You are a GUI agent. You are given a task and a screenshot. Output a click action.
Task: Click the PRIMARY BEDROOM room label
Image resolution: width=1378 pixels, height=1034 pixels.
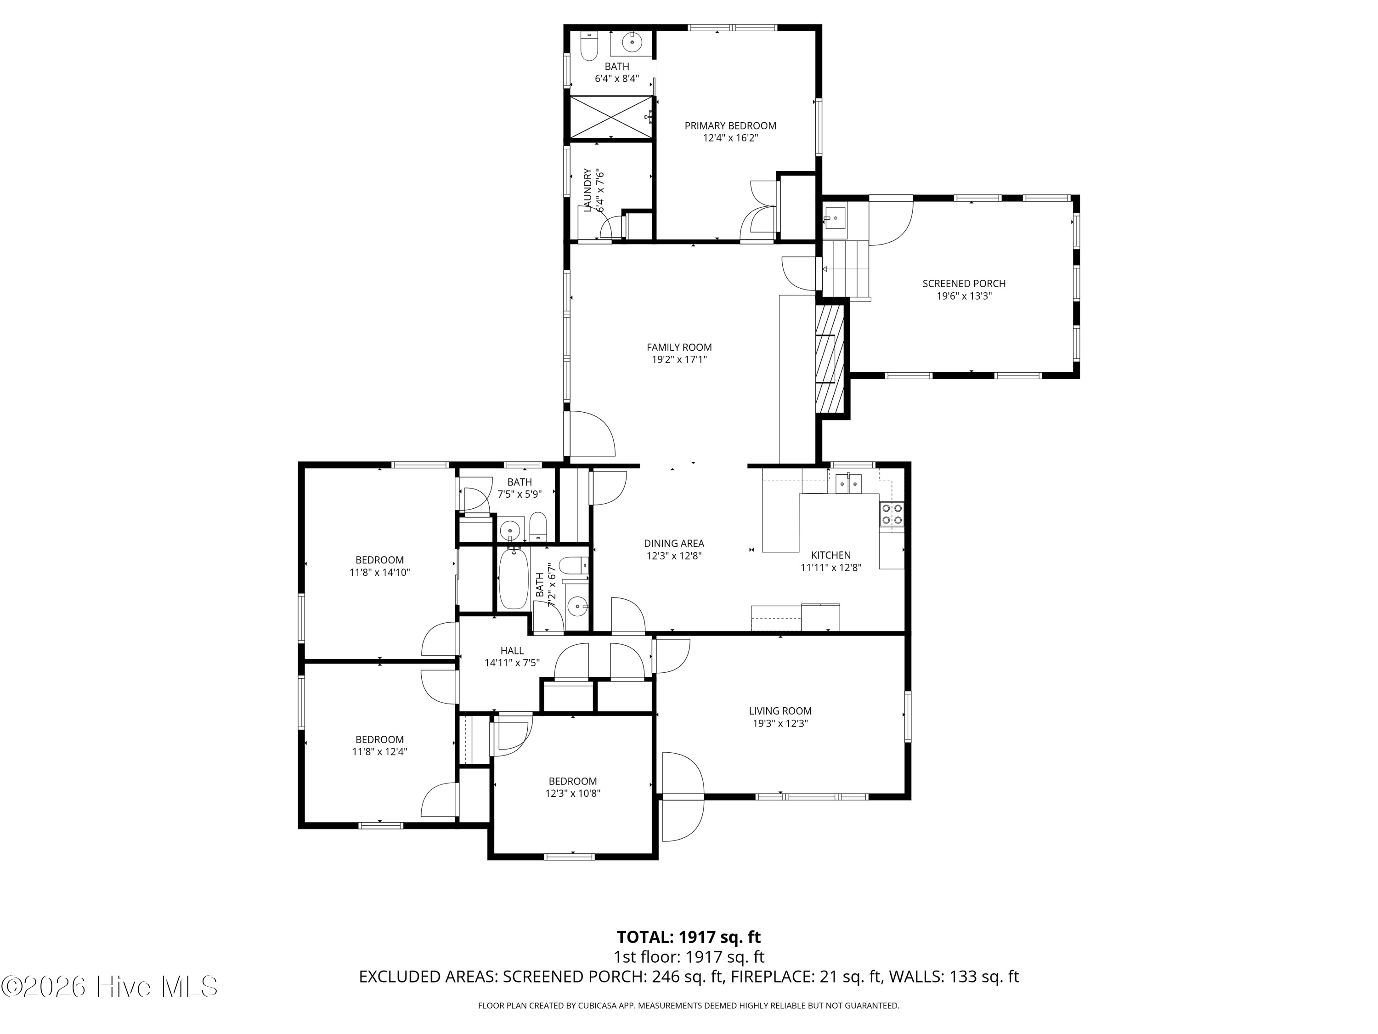coord(730,126)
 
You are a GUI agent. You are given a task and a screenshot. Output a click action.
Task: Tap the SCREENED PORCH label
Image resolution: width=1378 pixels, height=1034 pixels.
coord(964,284)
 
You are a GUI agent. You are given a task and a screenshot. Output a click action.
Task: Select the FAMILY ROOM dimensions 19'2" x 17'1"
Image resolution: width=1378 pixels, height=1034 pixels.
coord(679,360)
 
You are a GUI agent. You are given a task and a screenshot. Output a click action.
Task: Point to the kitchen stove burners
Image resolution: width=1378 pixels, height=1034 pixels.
coord(892,514)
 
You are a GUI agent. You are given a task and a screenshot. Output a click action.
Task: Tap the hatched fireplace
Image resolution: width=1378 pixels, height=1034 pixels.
coord(829,359)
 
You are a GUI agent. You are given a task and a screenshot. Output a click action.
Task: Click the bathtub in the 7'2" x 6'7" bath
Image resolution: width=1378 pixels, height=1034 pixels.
coord(514,579)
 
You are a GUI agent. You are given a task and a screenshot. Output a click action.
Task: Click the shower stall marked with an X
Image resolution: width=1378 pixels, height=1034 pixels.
coord(610,117)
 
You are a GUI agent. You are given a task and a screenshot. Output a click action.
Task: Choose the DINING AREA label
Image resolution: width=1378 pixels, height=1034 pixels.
coord(674,544)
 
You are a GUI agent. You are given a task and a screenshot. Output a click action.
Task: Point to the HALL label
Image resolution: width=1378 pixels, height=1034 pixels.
coord(512,651)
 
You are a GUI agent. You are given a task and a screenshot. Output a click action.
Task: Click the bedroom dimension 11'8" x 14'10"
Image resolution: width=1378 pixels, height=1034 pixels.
coord(379,572)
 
